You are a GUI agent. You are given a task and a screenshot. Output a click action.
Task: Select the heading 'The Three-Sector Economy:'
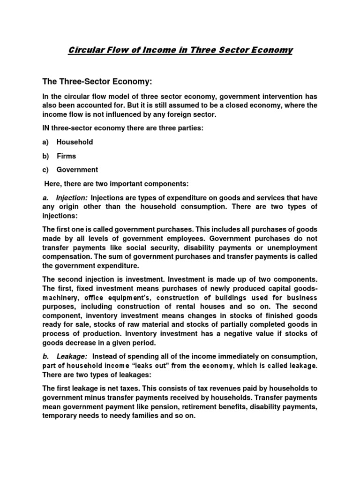pyautogui.click(x=97, y=82)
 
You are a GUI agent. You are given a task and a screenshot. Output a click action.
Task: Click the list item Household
pyautogui.click(x=75, y=142)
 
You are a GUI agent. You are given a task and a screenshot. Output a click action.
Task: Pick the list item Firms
pyautogui.click(x=66, y=156)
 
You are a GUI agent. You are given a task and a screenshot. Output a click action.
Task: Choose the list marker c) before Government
pyautogui.click(x=45, y=170)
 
